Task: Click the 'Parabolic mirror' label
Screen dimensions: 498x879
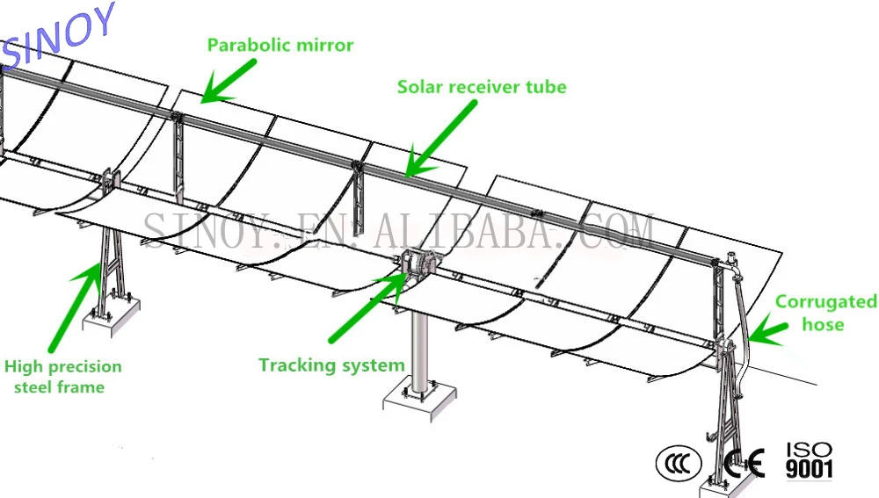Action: (x=280, y=45)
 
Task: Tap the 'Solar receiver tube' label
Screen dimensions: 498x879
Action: (x=482, y=87)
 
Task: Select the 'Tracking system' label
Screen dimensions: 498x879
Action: (x=331, y=364)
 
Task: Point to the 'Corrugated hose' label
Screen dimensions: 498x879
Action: (x=825, y=313)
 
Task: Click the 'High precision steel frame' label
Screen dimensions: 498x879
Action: (x=62, y=376)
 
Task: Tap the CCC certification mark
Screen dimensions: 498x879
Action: (x=679, y=462)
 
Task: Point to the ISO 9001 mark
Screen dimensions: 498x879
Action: (x=808, y=460)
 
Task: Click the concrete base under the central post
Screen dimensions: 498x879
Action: (x=419, y=400)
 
